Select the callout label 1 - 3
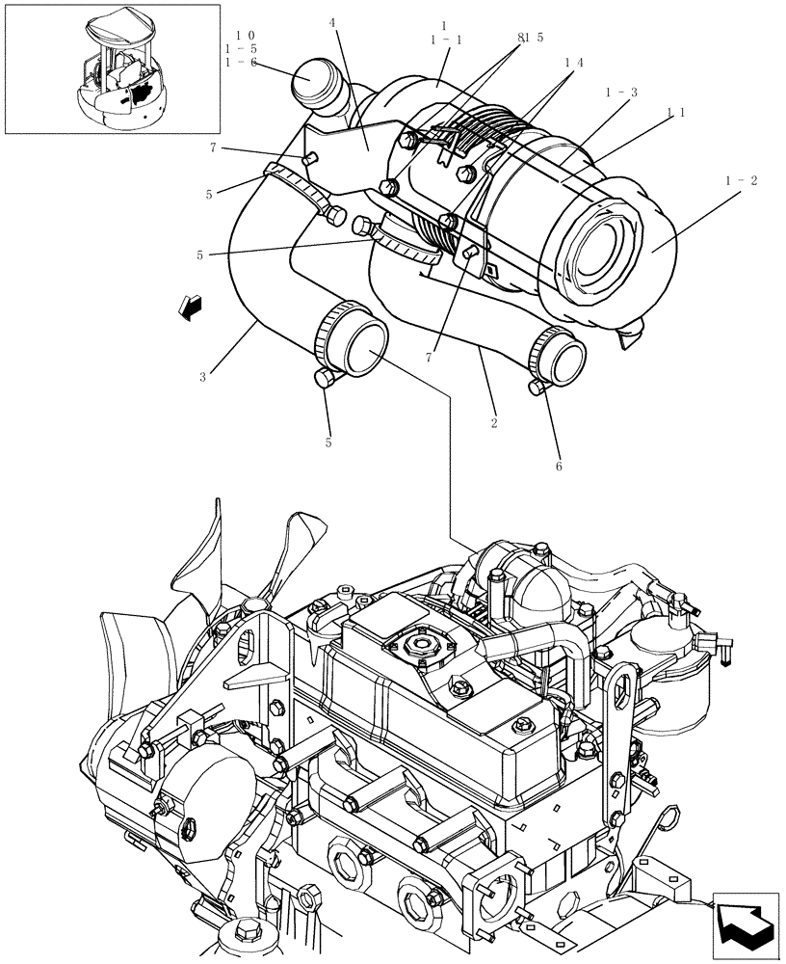pos(622,92)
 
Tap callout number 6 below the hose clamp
pos(558,466)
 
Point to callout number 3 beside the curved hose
pos(202,376)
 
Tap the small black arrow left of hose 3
pos(190,307)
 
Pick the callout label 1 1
pos(675,112)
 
